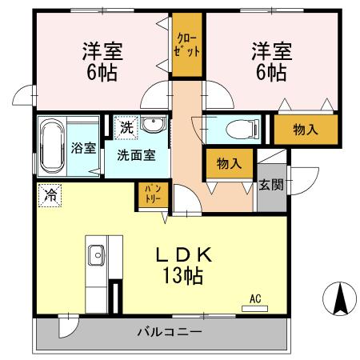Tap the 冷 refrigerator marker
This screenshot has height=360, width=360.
tap(49, 194)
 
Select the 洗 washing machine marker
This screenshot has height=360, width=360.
tap(126, 126)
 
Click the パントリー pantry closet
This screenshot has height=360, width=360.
tap(152, 193)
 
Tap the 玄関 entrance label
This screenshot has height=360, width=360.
tap(270, 186)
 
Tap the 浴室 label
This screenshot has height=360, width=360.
tap(83, 148)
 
